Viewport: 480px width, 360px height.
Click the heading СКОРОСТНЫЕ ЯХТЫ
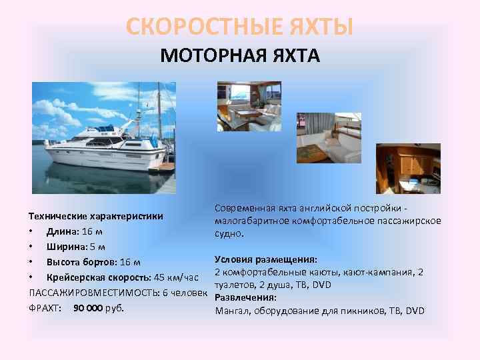(239, 27)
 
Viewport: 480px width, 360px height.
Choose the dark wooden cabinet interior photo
(408, 169)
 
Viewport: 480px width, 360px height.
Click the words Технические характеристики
(97, 217)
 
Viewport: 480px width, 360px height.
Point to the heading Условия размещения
(265, 259)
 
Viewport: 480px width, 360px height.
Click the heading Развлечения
(245, 297)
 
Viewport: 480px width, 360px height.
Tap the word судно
(229, 234)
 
